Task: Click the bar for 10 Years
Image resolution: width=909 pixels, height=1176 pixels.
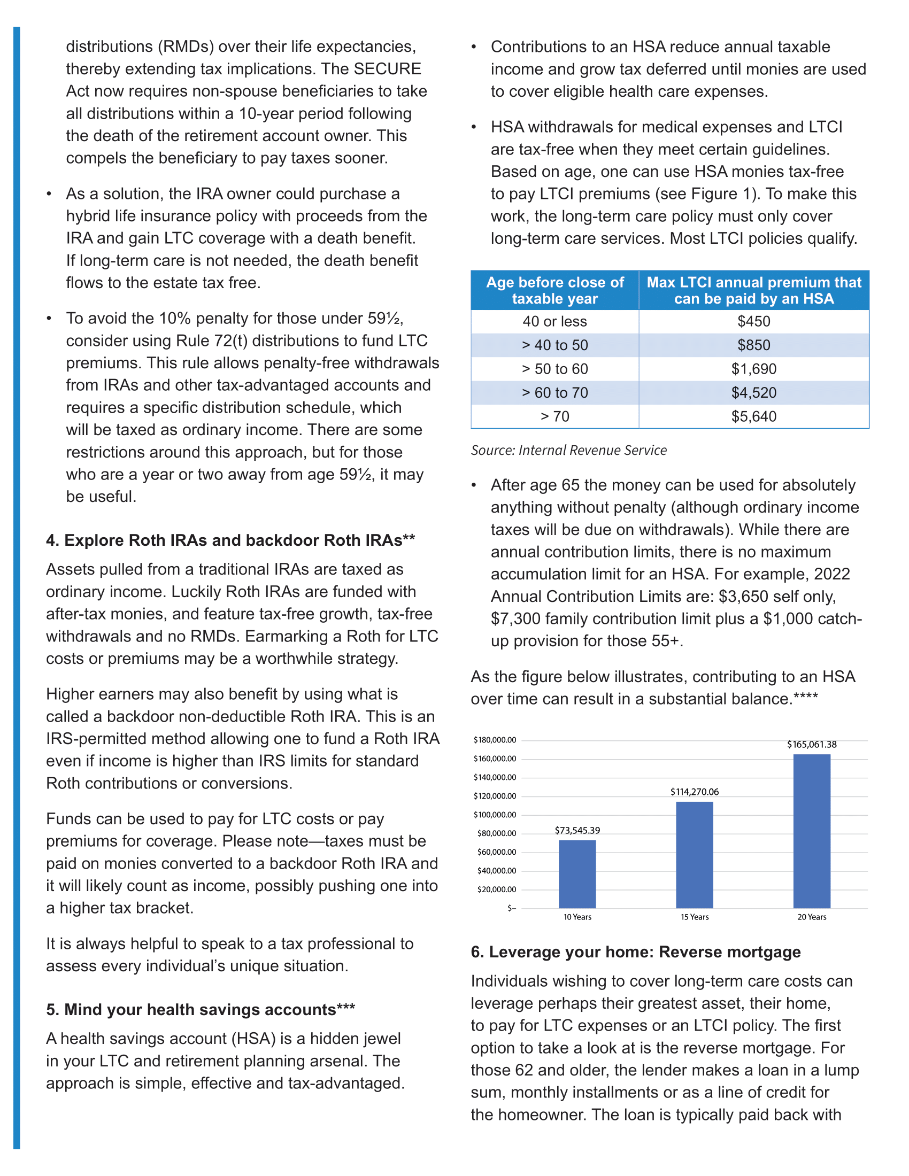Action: [577, 874]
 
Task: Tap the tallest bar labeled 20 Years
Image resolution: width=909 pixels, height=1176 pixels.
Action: [812, 831]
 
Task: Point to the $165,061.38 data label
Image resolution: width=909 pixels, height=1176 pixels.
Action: [812, 745]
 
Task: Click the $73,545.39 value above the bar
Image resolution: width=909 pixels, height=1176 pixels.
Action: [577, 830]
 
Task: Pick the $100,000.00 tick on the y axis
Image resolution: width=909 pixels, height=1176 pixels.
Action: [495, 815]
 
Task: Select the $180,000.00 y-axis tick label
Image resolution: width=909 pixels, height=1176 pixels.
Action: [495, 740]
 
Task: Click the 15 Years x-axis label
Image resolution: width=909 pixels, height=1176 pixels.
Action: [694, 917]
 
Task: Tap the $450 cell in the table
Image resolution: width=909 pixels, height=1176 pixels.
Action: [753, 321]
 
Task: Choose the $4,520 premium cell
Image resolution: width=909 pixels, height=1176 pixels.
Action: [753, 392]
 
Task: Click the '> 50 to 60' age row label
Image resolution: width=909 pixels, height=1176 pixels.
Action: [554, 369]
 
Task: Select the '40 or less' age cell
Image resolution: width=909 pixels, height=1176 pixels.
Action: [554, 321]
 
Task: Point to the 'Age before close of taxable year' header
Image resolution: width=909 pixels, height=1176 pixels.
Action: [554, 290]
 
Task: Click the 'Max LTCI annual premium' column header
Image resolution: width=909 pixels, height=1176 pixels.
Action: [753, 290]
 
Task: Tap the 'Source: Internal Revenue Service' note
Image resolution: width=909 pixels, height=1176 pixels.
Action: [569, 450]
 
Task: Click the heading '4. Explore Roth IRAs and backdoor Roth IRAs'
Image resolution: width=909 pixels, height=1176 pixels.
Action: [230, 540]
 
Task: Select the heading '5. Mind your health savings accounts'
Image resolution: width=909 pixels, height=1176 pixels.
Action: [201, 1010]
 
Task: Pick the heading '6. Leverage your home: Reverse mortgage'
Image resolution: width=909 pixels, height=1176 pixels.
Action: [635, 952]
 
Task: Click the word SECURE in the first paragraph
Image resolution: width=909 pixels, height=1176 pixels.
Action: [387, 69]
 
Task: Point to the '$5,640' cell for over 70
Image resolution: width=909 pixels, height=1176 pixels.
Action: [753, 416]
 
